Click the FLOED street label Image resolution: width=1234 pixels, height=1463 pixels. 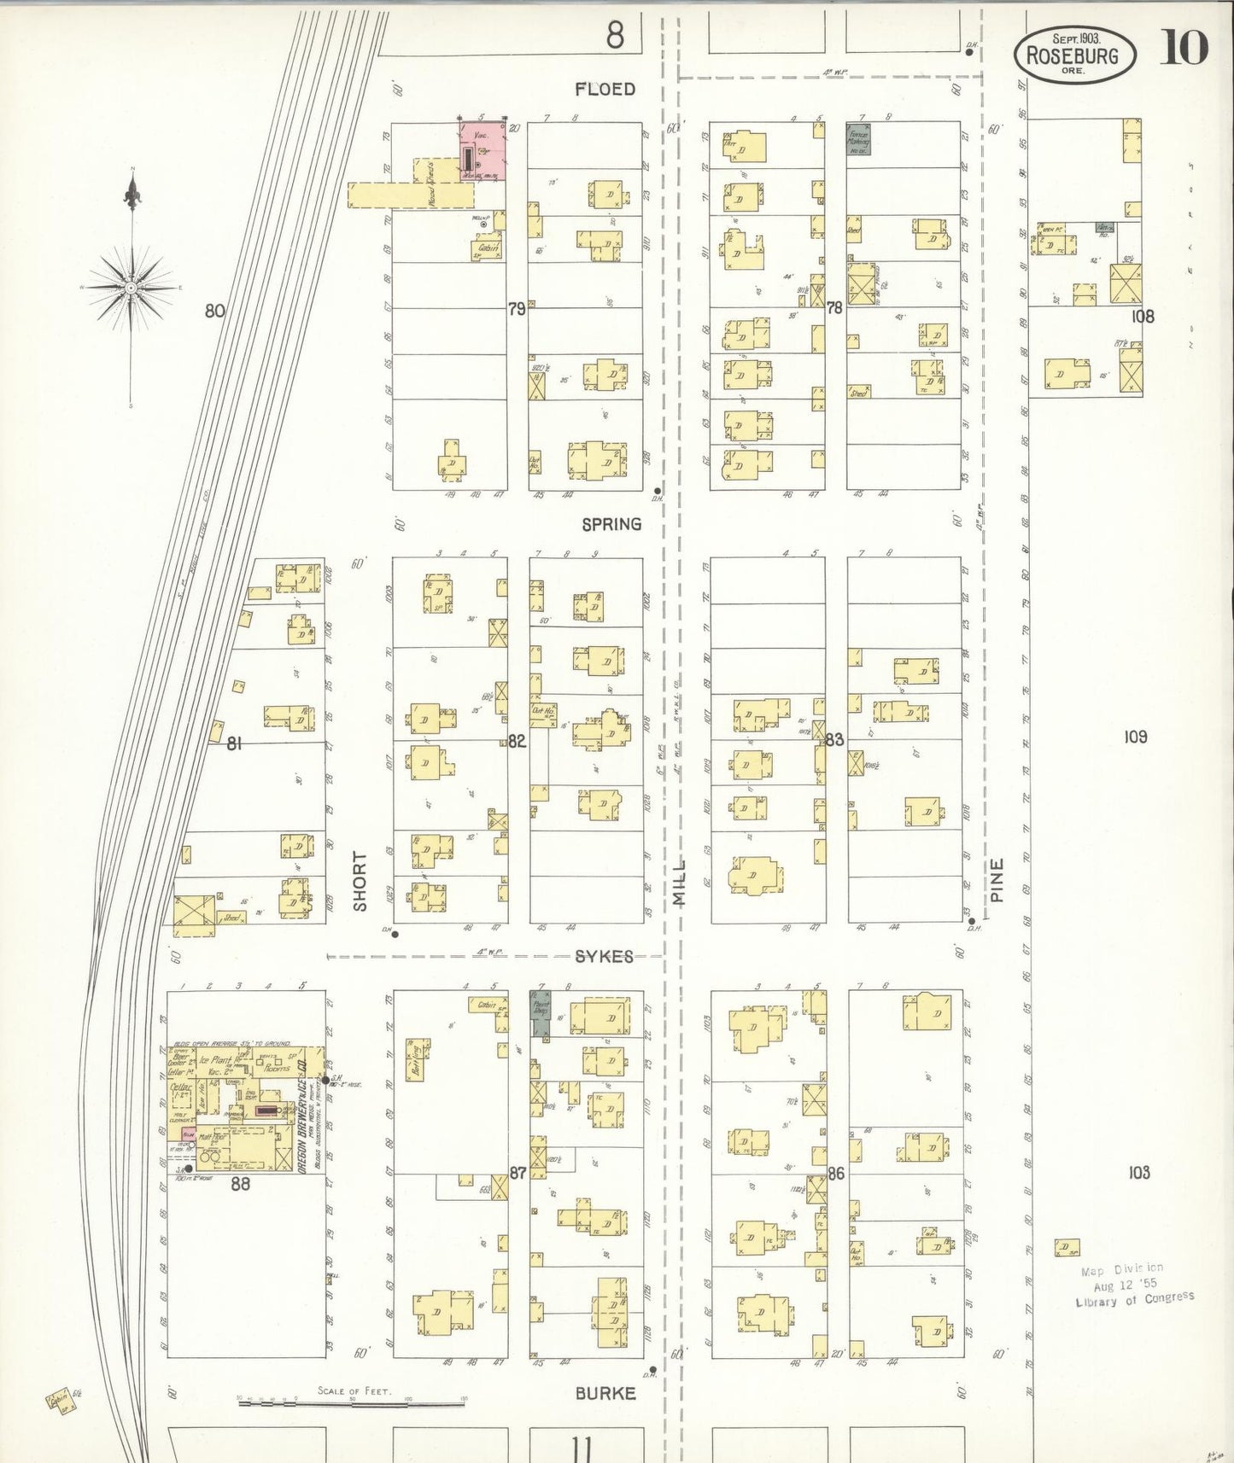pyautogui.click(x=605, y=89)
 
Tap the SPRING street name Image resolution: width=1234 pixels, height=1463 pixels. pyautogui.click(x=611, y=524)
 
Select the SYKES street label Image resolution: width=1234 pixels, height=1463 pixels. pyautogui.click(x=604, y=957)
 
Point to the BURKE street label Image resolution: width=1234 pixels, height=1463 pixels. pyautogui.click(x=605, y=1393)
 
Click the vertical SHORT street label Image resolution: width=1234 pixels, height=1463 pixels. pyautogui.click(x=360, y=881)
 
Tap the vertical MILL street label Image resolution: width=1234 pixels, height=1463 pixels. pyautogui.click(x=680, y=883)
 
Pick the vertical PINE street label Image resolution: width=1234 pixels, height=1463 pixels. pyautogui.click(x=997, y=880)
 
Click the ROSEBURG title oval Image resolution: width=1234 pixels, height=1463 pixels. pyautogui.click(x=1074, y=54)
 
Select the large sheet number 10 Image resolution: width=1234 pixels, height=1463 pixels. pyautogui.click(x=1183, y=48)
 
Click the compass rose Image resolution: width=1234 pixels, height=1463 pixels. pyautogui.click(x=131, y=289)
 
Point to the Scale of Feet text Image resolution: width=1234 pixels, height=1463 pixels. pyautogui.click(x=354, y=1390)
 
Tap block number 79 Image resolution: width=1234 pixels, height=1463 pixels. pyautogui.click(x=517, y=309)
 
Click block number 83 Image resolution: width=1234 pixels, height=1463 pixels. pyautogui.click(x=834, y=739)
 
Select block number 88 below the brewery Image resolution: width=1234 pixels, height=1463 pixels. pyautogui.click(x=241, y=1183)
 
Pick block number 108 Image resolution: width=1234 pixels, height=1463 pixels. pyautogui.click(x=1143, y=317)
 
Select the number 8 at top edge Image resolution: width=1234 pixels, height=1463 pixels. pyautogui.click(x=615, y=35)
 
